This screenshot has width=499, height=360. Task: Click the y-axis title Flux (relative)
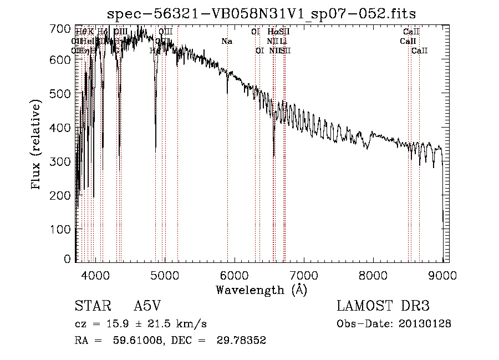point(37,145)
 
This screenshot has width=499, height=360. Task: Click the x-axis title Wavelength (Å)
point(261,290)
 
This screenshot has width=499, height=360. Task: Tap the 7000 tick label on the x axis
point(303,275)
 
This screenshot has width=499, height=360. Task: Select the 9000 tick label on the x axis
point(442,275)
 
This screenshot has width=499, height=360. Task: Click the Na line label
point(227,42)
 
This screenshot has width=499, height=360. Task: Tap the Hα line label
point(272,32)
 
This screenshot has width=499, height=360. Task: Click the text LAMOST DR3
point(383,306)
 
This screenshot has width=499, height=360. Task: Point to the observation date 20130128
point(426,324)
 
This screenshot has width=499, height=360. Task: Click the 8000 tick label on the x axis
point(373,275)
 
